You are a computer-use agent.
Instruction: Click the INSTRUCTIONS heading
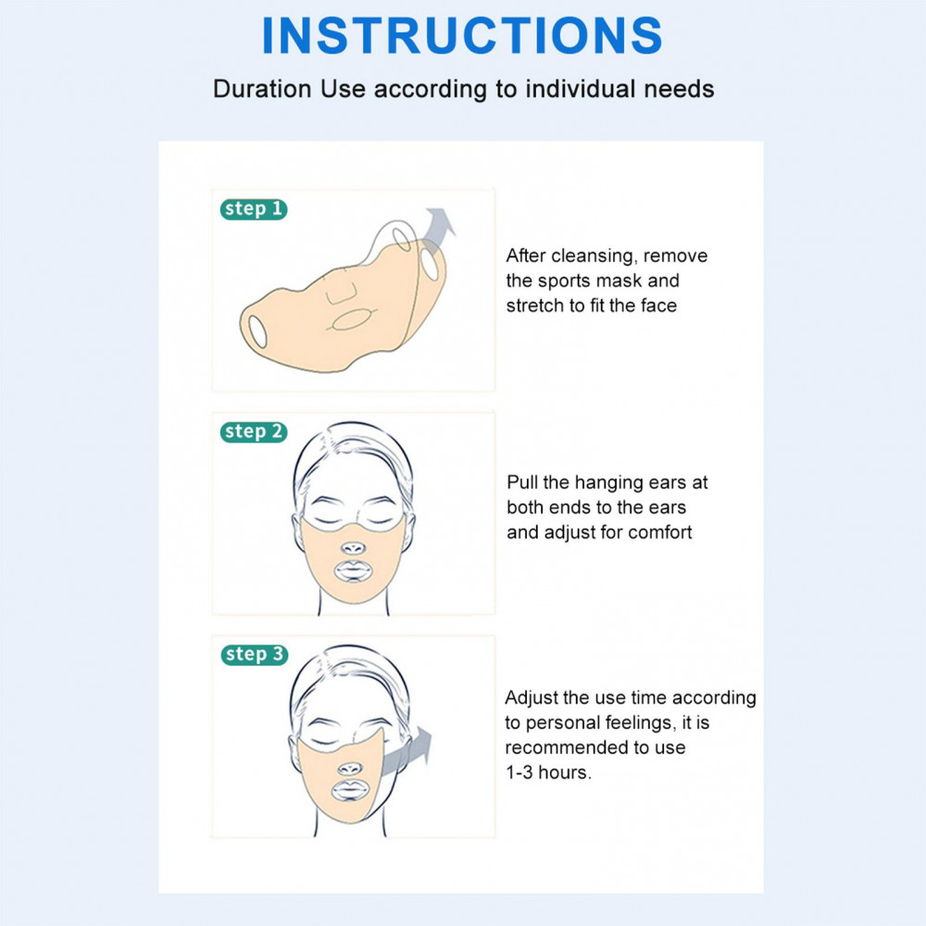click(x=462, y=35)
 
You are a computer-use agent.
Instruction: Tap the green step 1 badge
click(x=254, y=209)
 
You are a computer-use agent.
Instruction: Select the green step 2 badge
click(x=254, y=432)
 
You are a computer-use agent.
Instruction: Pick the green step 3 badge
click(x=255, y=655)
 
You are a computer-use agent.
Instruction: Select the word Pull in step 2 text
click(x=522, y=482)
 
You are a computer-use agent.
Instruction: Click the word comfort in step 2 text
click(x=659, y=532)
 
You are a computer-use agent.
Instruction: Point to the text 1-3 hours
click(x=548, y=772)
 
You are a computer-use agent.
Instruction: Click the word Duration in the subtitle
click(x=262, y=89)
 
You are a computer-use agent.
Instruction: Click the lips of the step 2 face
click(x=353, y=571)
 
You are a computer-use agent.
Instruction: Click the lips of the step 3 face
click(x=350, y=791)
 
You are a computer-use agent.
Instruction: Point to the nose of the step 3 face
click(x=350, y=769)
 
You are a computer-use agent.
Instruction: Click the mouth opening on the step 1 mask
click(x=349, y=320)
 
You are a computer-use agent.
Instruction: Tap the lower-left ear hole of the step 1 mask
click(x=257, y=332)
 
